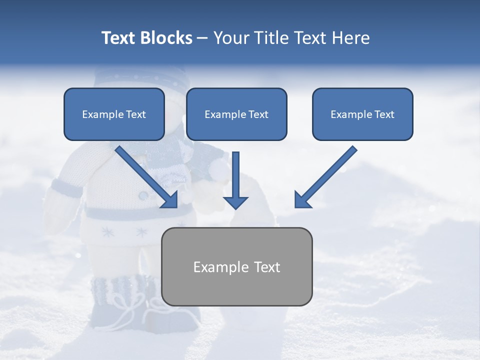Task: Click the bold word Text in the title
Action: tap(119, 38)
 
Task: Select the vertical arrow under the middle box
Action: tap(235, 180)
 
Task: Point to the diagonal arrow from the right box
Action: tap(325, 177)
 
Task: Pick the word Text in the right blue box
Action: tap(384, 114)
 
